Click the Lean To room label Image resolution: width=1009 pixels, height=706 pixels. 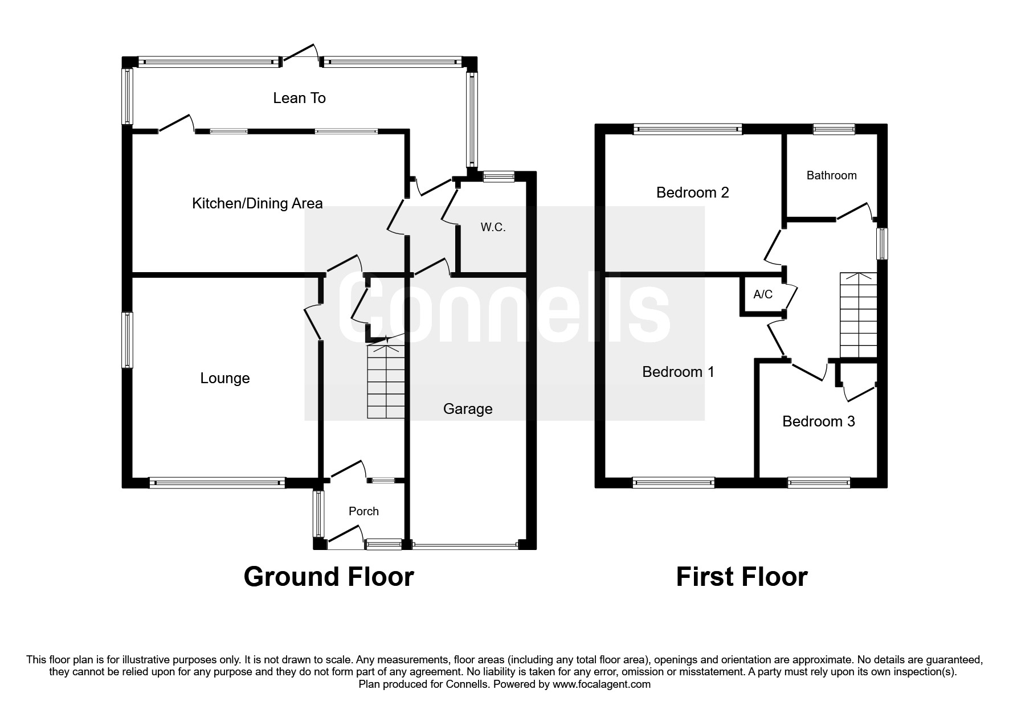pyautogui.click(x=299, y=98)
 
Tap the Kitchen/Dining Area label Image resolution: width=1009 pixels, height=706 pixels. pyautogui.click(x=257, y=203)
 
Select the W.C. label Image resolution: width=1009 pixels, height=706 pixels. pyautogui.click(x=493, y=227)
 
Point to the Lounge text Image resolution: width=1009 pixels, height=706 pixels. pyautogui.click(x=224, y=378)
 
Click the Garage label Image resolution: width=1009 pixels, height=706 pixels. pyautogui.click(x=467, y=409)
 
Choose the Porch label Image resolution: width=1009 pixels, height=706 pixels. pyautogui.click(x=363, y=511)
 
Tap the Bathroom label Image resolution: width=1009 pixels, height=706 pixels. pyautogui.click(x=831, y=175)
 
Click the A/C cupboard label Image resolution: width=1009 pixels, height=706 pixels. pyautogui.click(x=763, y=294)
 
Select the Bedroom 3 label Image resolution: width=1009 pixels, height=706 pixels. pyautogui.click(x=818, y=421)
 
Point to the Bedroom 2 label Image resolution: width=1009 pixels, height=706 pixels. pyautogui.click(x=692, y=192)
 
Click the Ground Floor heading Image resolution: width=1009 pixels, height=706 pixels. pyautogui.click(x=328, y=577)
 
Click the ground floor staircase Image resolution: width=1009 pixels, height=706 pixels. pyautogui.click(x=386, y=381)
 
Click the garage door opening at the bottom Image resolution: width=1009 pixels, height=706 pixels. pyautogui.click(x=465, y=545)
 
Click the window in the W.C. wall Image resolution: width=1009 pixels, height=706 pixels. pyautogui.click(x=499, y=177)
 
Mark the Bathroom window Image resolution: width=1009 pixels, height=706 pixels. pyautogui.click(x=834, y=129)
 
